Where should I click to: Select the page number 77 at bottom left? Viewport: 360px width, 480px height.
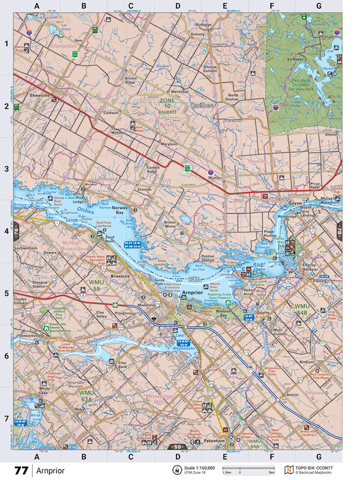(x=21, y=470)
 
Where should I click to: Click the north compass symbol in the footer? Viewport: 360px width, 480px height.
(x=175, y=470)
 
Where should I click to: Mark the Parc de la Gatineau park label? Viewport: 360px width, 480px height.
(x=302, y=84)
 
